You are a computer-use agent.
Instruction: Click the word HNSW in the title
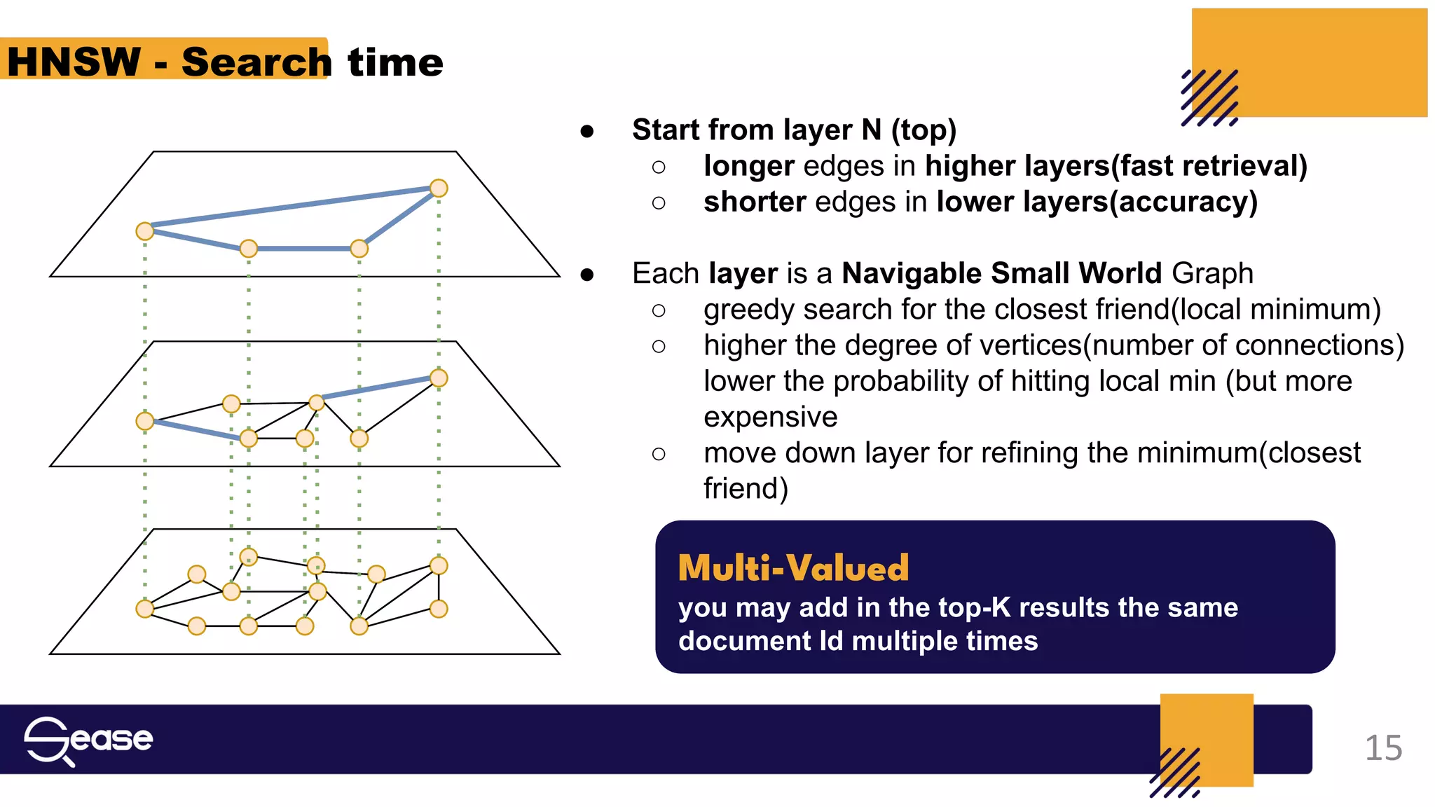click(x=74, y=62)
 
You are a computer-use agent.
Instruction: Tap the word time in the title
click(x=396, y=62)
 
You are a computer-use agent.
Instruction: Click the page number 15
click(x=1382, y=748)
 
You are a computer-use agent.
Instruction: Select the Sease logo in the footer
click(x=88, y=740)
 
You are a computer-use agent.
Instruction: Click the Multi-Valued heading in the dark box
click(x=793, y=567)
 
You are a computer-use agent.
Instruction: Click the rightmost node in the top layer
click(x=439, y=188)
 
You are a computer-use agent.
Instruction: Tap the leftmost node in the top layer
click(x=145, y=231)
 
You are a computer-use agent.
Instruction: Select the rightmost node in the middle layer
click(x=439, y=378)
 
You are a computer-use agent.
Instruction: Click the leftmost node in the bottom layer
click(x=145, y=609)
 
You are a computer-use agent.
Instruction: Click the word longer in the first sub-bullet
click(x=748, y=166)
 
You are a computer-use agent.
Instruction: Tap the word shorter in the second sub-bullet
click(x=755, y=202)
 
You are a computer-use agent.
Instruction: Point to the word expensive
click(x=770, y=417)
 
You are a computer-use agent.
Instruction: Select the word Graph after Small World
click(x=1211, y=273)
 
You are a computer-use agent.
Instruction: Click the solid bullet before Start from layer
click(x=587, y=131)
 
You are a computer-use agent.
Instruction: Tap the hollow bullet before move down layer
click(x=659, y=454)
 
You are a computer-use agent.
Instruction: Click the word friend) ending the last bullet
click(x=746, y=488)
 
